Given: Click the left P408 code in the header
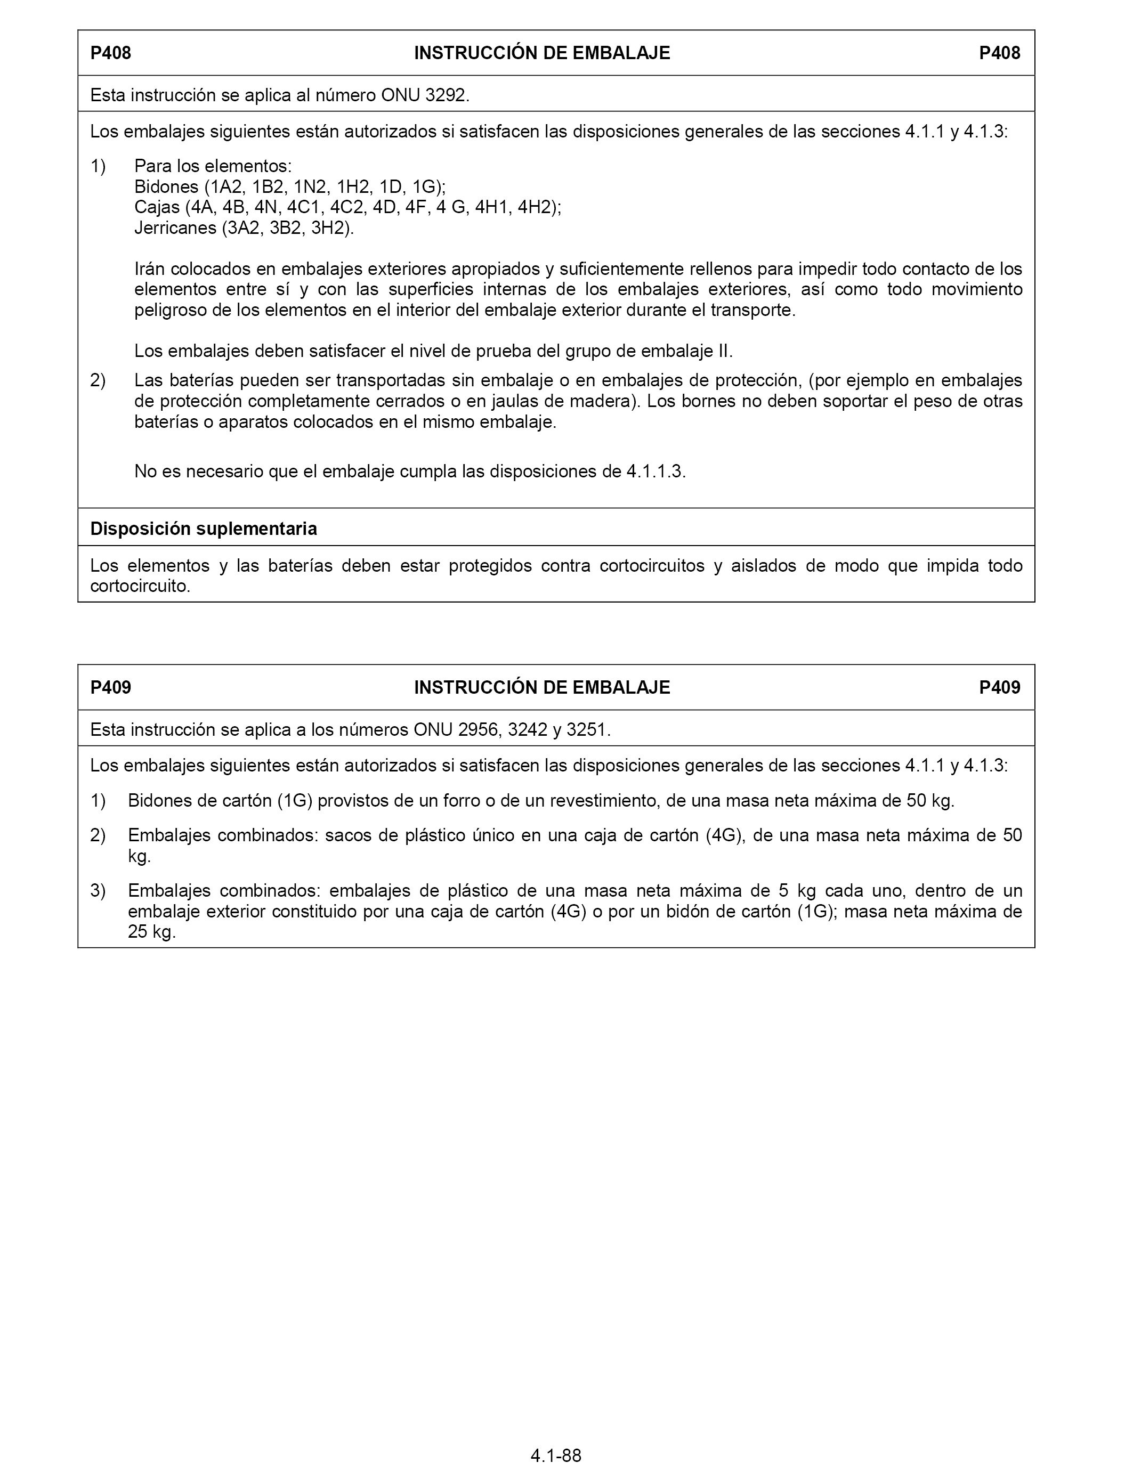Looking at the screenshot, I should pos(111,53).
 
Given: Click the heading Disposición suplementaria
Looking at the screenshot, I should pos(204,529).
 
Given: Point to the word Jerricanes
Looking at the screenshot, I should pos(175,228).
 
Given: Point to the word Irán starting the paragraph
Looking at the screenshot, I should pos(150,270).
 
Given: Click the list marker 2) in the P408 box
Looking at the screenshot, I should pos(99,381).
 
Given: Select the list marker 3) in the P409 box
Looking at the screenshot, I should pos(99,891).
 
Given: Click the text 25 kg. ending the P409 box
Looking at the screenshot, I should pos(152,933).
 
